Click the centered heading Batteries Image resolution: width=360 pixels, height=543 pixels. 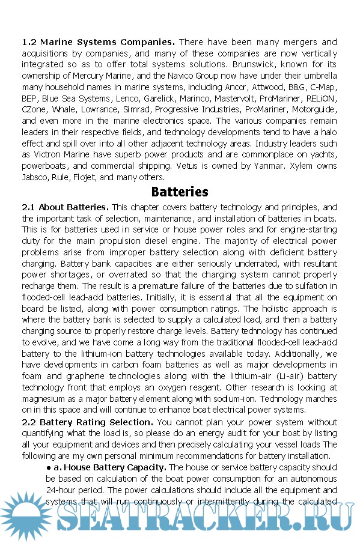180,192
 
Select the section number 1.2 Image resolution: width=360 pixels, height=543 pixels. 29,43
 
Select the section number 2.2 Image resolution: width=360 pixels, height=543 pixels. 29,422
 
